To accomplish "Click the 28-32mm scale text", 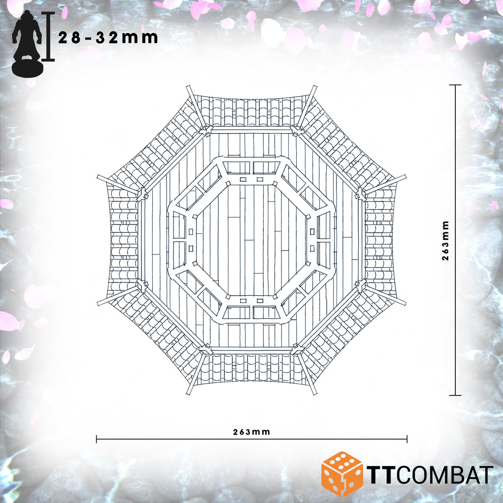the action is (108, 37).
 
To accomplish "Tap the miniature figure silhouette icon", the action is (28, 42).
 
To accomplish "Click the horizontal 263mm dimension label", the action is (251, 432).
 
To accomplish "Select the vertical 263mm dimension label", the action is (446, 240).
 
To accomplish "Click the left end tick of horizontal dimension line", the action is (97, 439).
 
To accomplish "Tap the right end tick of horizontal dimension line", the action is (407, 439).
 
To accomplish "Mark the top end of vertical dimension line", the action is (455, 85).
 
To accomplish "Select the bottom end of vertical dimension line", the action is (455, 395).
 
